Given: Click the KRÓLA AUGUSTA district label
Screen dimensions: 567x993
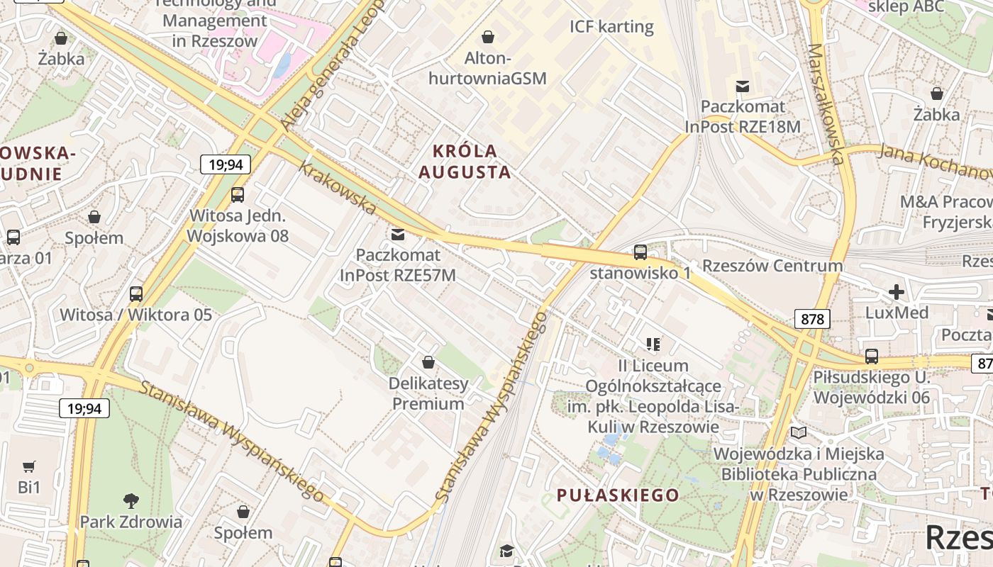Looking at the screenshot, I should click(x=465, y=162).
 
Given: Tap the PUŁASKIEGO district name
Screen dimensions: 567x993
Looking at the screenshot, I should click(x=618, y=495).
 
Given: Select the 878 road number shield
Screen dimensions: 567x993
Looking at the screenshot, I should click(x=812, y=319).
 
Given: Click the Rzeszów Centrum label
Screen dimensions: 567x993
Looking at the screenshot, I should click(x=772, y=266).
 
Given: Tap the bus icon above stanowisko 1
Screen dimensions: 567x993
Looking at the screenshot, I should click(x=640, y=252).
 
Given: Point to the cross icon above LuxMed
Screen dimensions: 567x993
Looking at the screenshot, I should click(x=897, y=291).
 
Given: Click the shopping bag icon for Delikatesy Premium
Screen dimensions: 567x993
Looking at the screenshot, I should click(x=428, y=363).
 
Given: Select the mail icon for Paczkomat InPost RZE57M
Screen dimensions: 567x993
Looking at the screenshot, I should click(x=398, y=234).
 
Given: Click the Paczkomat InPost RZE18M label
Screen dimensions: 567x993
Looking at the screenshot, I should click(x=743, y=117).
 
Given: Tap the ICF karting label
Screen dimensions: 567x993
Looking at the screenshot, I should click(x=611, y=27).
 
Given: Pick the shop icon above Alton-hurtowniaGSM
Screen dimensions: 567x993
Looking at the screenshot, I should click(x=488, y=36).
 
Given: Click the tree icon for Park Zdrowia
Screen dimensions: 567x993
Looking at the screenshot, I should click(x=131, y=501).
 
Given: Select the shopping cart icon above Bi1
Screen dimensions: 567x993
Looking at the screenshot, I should click(x=29, y=466).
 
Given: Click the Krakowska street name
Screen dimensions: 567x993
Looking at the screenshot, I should click(x=337, y=189).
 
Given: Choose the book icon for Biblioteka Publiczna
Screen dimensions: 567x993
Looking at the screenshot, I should click(x=799, y=432).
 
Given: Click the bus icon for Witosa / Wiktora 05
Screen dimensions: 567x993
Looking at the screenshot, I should click(x=135, y=293).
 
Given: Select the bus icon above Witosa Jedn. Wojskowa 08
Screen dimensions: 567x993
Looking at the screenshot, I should click(x=238, y=194).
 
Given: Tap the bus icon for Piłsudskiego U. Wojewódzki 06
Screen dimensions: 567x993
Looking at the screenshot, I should click(x=871, y=356).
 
